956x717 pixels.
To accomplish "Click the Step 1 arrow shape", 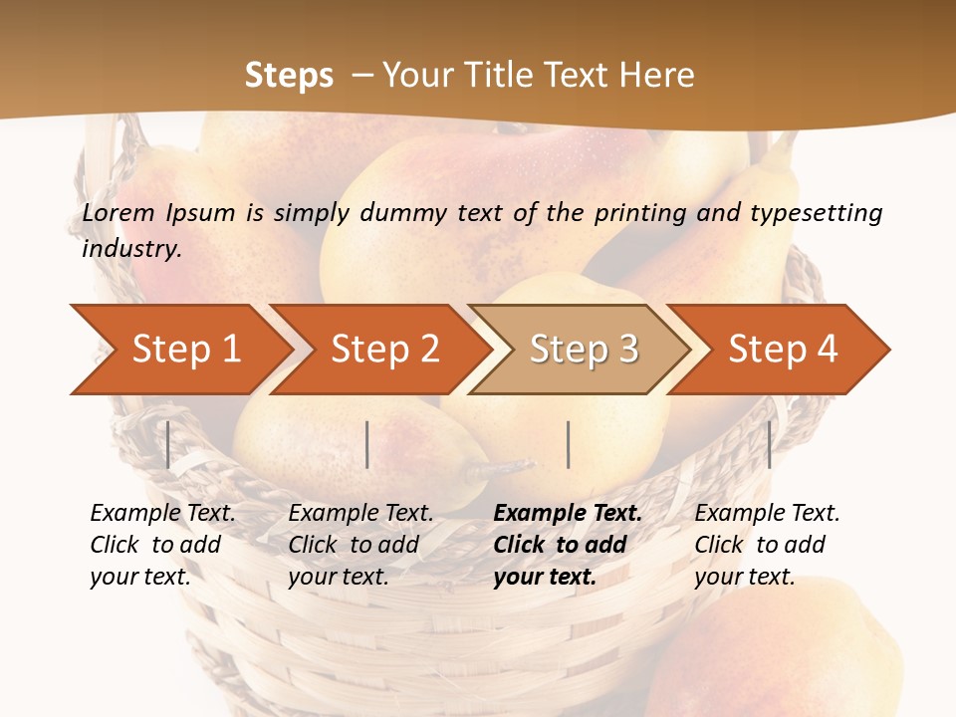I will pos(184,350).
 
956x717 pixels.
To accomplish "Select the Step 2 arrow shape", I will pos(383,350).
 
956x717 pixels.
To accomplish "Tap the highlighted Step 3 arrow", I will pos(583,350).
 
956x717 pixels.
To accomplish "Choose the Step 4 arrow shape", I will pos(782,350).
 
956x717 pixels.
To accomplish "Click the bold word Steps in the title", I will pos(289,76).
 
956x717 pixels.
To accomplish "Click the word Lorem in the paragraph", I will pos(119,212).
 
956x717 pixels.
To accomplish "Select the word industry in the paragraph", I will pos(131,248).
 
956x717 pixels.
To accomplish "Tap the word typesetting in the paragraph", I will pos(816,212).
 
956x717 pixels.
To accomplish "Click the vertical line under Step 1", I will pos(168,444).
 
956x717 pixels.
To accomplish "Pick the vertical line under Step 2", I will pos(367,444).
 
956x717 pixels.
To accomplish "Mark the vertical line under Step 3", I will pos(568,444).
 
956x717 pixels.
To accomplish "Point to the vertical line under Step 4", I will pos(769,444).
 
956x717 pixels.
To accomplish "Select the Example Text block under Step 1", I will pos(162,545).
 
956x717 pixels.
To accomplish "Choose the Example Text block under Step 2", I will pos(360,545).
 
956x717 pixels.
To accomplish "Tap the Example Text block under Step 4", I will pos(767,545).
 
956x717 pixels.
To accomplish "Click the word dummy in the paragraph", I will pos(405,212).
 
